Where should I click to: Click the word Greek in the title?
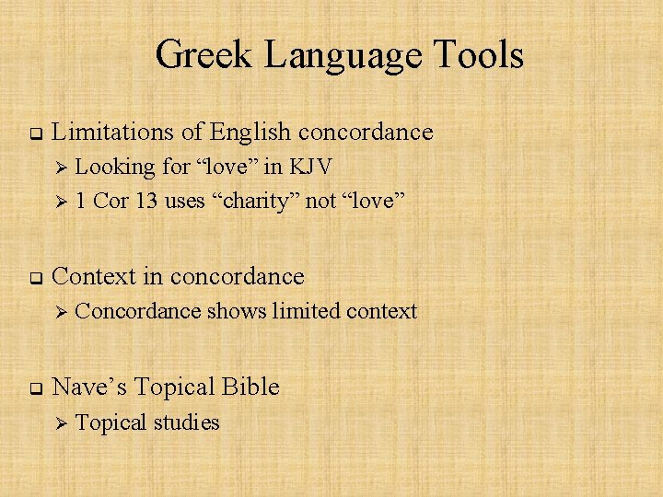pos(205,54)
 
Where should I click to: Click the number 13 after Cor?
pos(145,202)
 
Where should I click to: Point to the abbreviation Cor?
pos(111,202)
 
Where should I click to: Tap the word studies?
pos(186,423)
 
